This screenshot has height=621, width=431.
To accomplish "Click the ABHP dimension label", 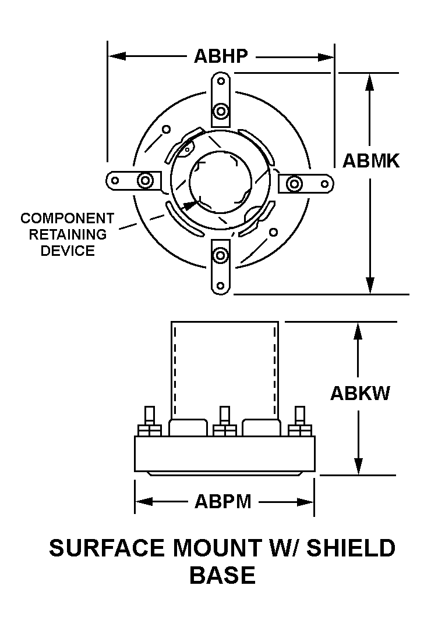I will (x=221, y=56).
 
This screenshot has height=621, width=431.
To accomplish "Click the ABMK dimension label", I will (x=370, y=160).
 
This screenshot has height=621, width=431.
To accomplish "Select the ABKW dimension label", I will (x=360, y=393).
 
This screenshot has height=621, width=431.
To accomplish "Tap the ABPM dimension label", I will (x=223, y=501).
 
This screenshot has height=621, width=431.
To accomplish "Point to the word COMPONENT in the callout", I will (x=68, y=219).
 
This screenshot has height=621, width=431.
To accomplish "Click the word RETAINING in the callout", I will (x=68, y=235).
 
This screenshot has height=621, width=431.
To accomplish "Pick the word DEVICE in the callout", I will (x=68, y=251).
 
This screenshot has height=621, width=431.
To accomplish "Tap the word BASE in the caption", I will (x=222, y=575).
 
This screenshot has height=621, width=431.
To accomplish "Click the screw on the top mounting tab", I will (x=220, y=110).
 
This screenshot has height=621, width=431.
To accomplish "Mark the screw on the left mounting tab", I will (x=144, y=180).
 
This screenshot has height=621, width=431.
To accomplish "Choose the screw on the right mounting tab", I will (x=295, y=185).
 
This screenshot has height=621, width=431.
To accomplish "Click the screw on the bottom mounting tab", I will (x=220, y=255).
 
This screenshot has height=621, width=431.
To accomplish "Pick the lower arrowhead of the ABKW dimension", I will (x=358, y=467).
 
